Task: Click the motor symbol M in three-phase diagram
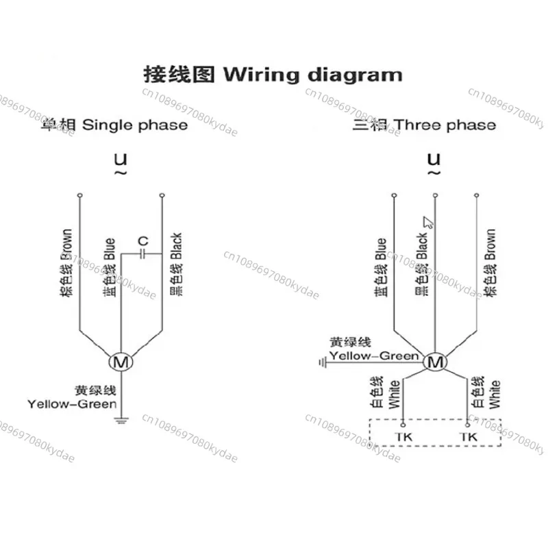[x=434, y=362]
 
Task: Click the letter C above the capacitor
[x=142, y=241]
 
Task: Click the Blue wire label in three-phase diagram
[x=382, y=269]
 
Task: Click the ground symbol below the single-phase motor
[x=121, y=418]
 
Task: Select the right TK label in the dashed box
[x=469, y=436]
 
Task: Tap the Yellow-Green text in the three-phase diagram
[x=373, y=356]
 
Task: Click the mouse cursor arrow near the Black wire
[x=428, y=222]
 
